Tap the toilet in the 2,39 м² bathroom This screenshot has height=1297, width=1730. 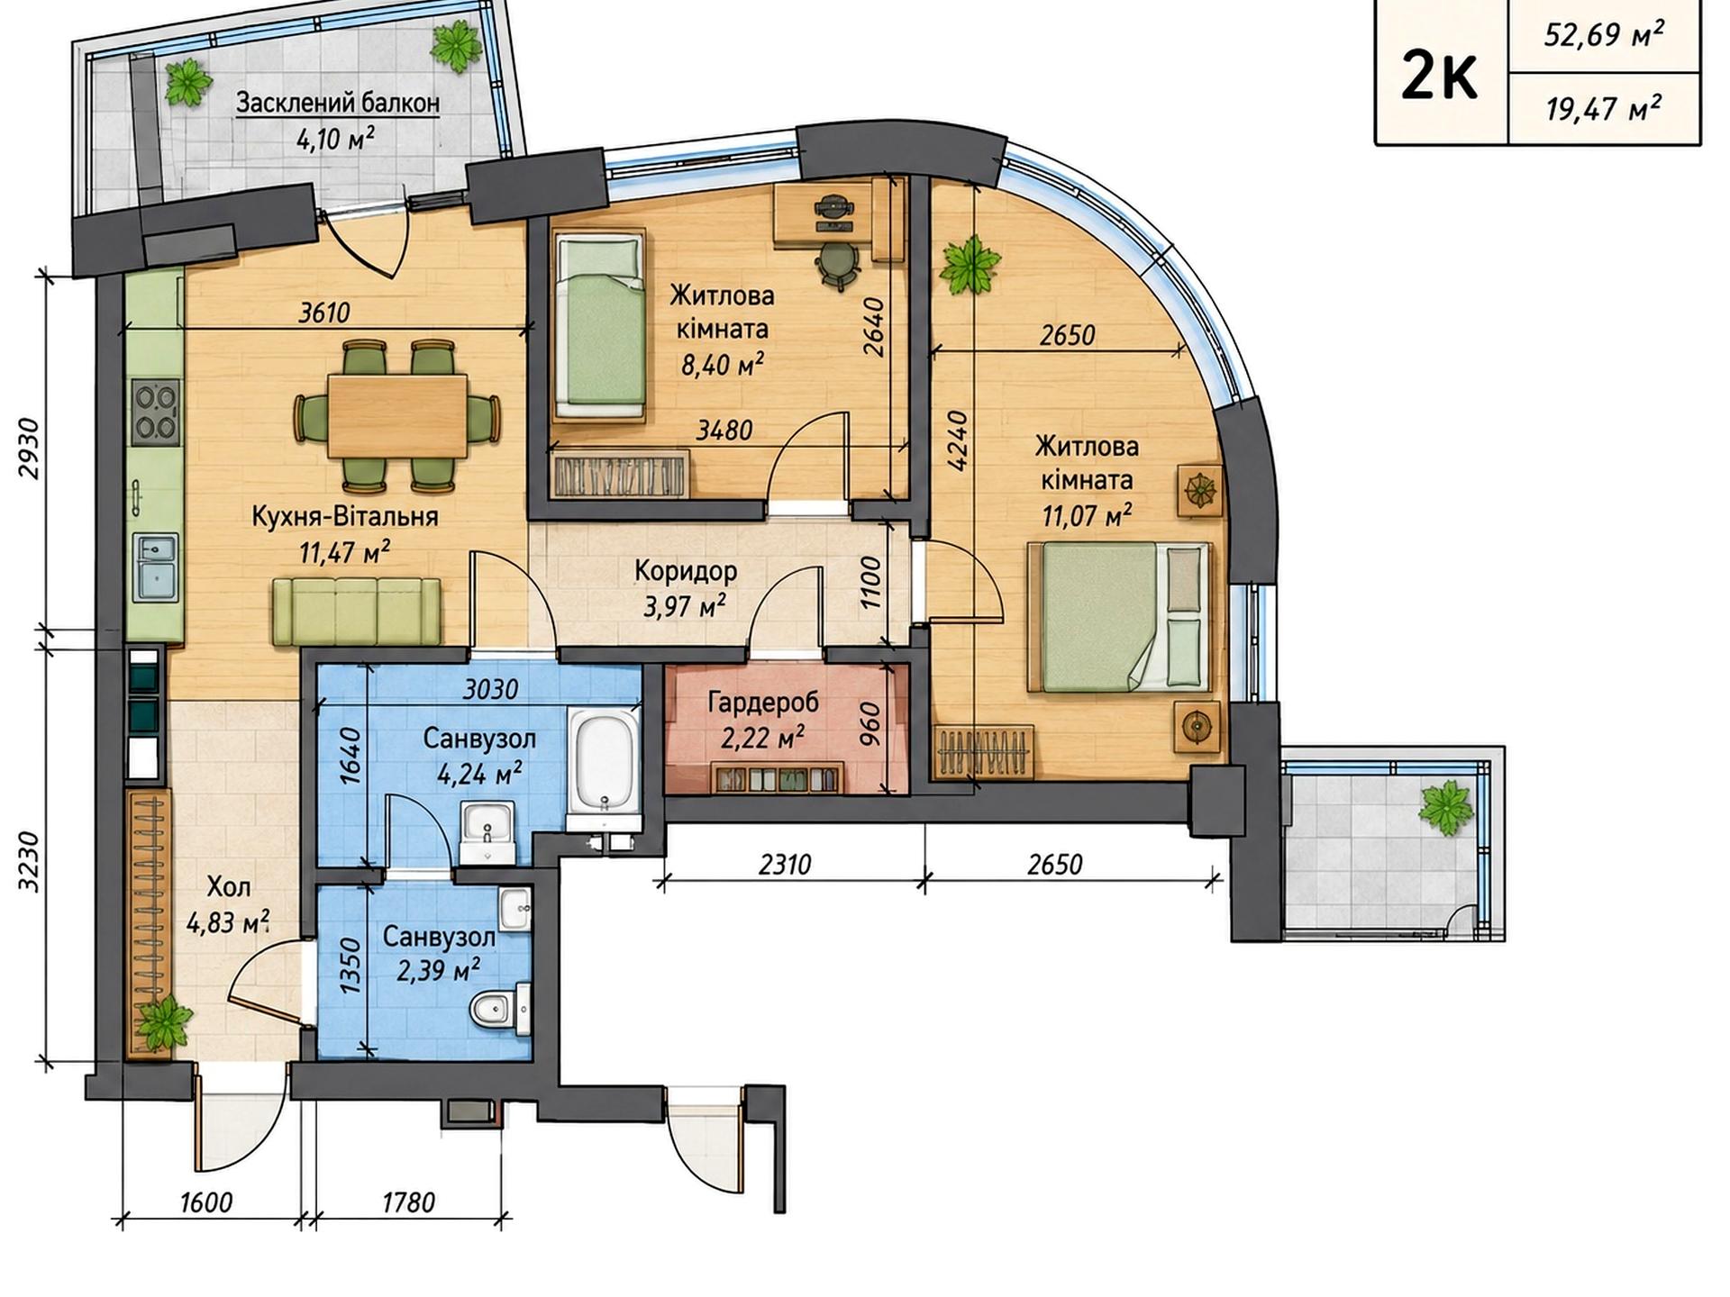point(500,1010)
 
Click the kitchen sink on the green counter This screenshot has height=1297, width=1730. point(155,566)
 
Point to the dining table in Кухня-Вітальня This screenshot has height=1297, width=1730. point(397,416)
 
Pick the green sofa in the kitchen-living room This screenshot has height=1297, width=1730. point(357,612)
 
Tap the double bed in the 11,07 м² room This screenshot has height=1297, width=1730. point(1118,617)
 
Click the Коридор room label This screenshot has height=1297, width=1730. point(686,571)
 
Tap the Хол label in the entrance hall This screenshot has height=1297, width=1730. point(229,887)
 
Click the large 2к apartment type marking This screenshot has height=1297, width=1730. point(1440,77)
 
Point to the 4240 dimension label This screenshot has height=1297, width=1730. point(957,440)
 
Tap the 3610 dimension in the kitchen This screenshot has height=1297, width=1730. point(324,313)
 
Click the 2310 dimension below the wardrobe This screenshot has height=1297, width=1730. point(785,865)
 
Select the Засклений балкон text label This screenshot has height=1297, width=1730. point(338,103)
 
